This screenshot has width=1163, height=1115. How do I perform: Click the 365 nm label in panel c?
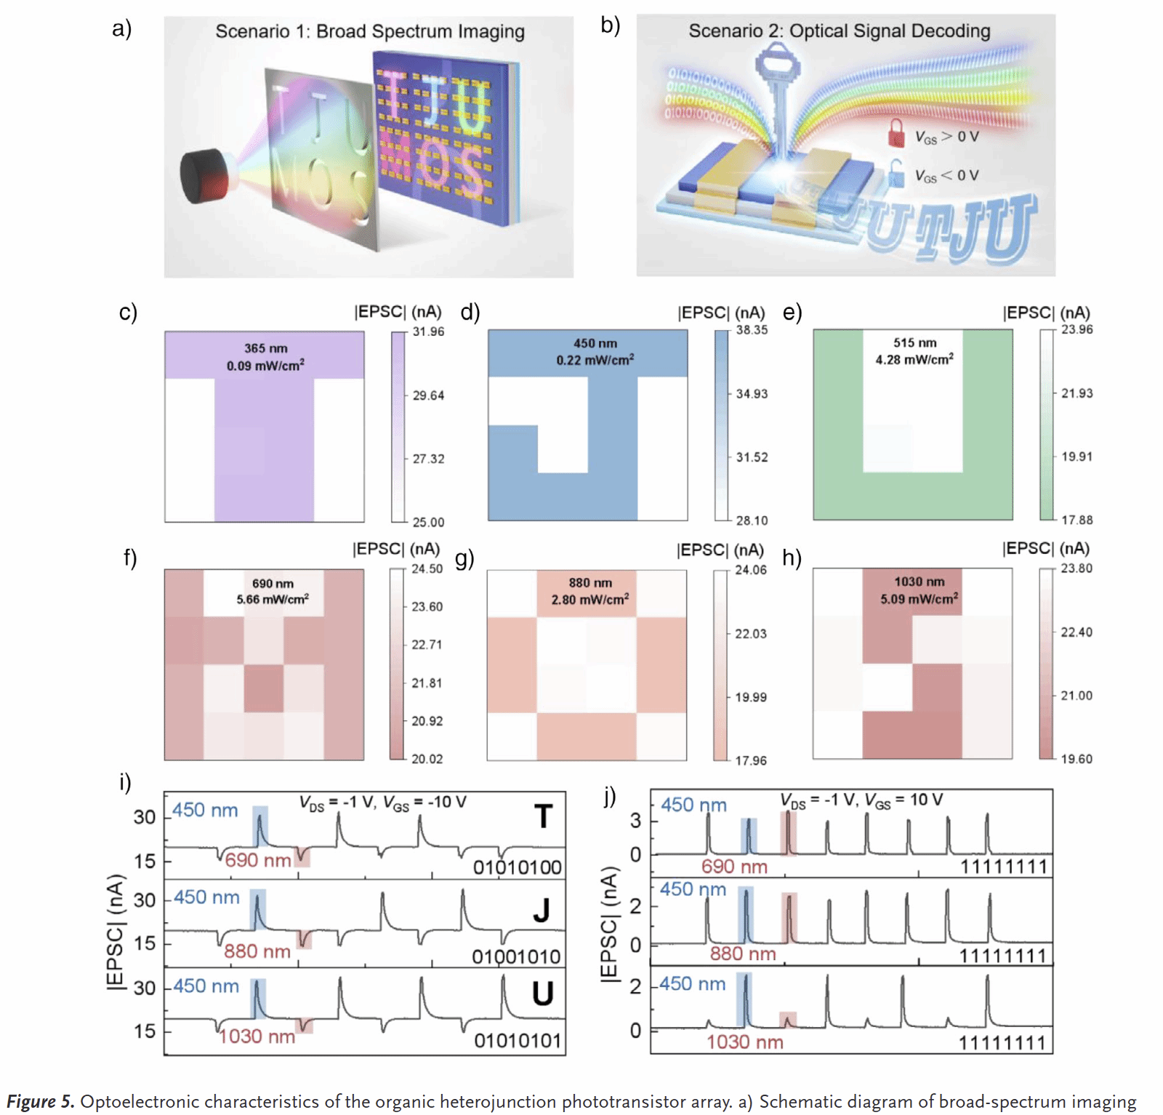(x=265, y=348)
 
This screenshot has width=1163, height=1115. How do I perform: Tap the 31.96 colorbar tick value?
(x=428, y=331)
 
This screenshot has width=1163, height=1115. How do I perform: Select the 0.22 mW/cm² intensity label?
(x=595, y=360)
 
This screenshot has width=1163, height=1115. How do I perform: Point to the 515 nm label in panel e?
(x=914, y=342)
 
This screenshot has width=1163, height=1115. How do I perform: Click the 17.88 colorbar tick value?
(x=1077, y=520)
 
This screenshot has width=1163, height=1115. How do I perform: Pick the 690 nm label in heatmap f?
(x=273, y=583)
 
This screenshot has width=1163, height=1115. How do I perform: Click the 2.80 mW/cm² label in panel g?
(x=589, y=600)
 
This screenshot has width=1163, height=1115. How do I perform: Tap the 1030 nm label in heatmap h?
(x=919, y=581)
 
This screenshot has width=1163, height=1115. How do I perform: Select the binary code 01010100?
(x=517, y=867)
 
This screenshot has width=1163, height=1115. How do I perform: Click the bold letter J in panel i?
(x=541, y=910)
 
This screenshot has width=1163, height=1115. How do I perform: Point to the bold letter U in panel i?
(x=542, y=994)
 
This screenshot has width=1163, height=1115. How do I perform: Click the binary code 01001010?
(x=516, y=957)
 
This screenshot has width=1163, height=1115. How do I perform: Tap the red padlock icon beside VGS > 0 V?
(x=896, y=134)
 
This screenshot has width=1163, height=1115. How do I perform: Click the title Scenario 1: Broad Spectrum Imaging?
(x=369, y=31)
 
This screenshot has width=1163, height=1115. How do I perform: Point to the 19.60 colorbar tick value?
(x=1076, y=759)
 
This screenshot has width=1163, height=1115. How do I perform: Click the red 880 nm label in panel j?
(x=742, y=954)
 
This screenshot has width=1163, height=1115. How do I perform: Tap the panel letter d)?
(x=470, y=313)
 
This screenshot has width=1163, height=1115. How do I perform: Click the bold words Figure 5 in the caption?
(x=41, y=1101)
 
